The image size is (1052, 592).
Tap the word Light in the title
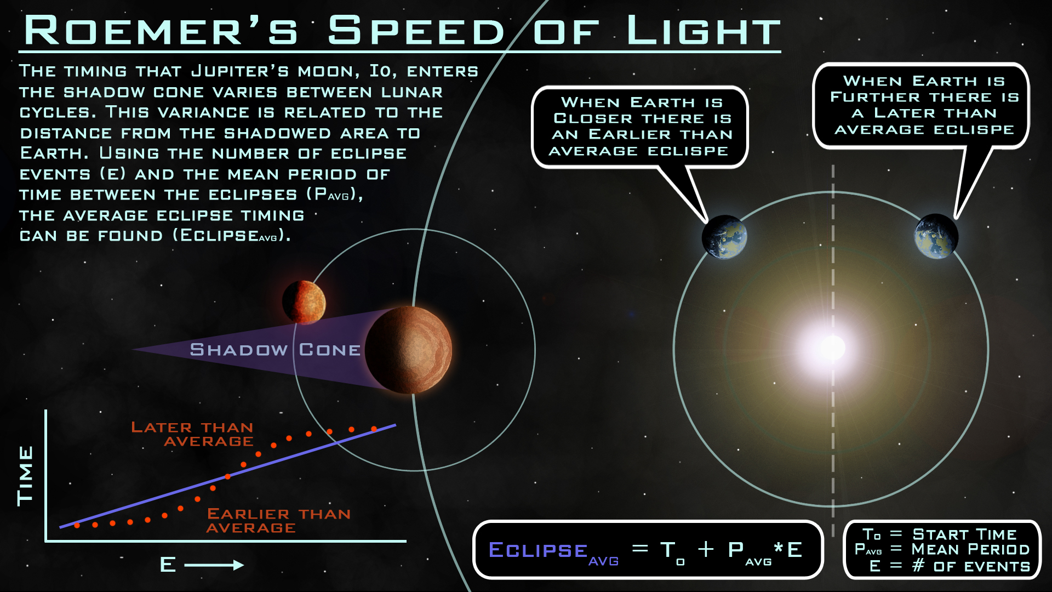[704, 30]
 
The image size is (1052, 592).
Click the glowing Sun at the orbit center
[833, 348]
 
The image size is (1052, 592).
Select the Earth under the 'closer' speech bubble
[724, 237]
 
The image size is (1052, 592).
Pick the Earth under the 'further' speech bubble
[936, 236]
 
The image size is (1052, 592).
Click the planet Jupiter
[409, 350]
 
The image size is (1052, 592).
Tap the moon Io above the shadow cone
[304, 302]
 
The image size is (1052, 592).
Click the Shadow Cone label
[275, 350]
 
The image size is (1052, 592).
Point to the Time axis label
[25, 476]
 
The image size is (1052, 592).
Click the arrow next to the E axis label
[214, 565]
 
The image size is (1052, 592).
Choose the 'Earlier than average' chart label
[278, 521]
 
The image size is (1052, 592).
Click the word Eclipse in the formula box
[538, 550]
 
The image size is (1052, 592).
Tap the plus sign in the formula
[706, 549]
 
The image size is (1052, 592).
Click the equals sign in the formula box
[640, 548]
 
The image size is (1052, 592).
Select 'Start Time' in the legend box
[964, 534]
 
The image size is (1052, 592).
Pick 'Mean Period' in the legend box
[970, 549]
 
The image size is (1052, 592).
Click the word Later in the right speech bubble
[905, 113]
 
